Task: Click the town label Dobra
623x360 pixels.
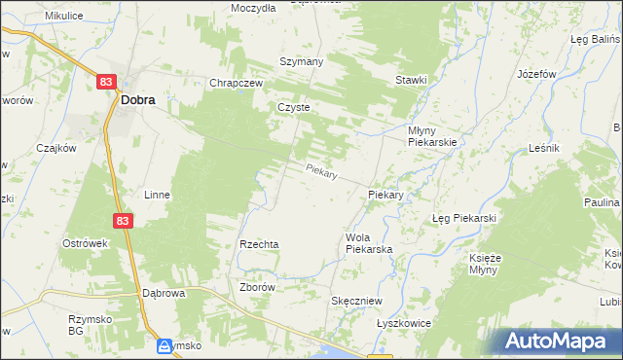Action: pos(138,98)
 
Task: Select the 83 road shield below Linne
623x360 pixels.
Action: pos(121,222)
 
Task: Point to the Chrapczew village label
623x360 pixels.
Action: pos(237,84)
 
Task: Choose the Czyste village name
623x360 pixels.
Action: pos(293,108)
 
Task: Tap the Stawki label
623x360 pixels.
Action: pos(410,80)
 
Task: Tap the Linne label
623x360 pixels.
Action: pos(157,195)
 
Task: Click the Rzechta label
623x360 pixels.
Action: pos(260,244)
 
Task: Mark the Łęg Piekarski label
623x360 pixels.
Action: pos(464,218)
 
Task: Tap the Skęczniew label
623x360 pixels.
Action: pos(356,302)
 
